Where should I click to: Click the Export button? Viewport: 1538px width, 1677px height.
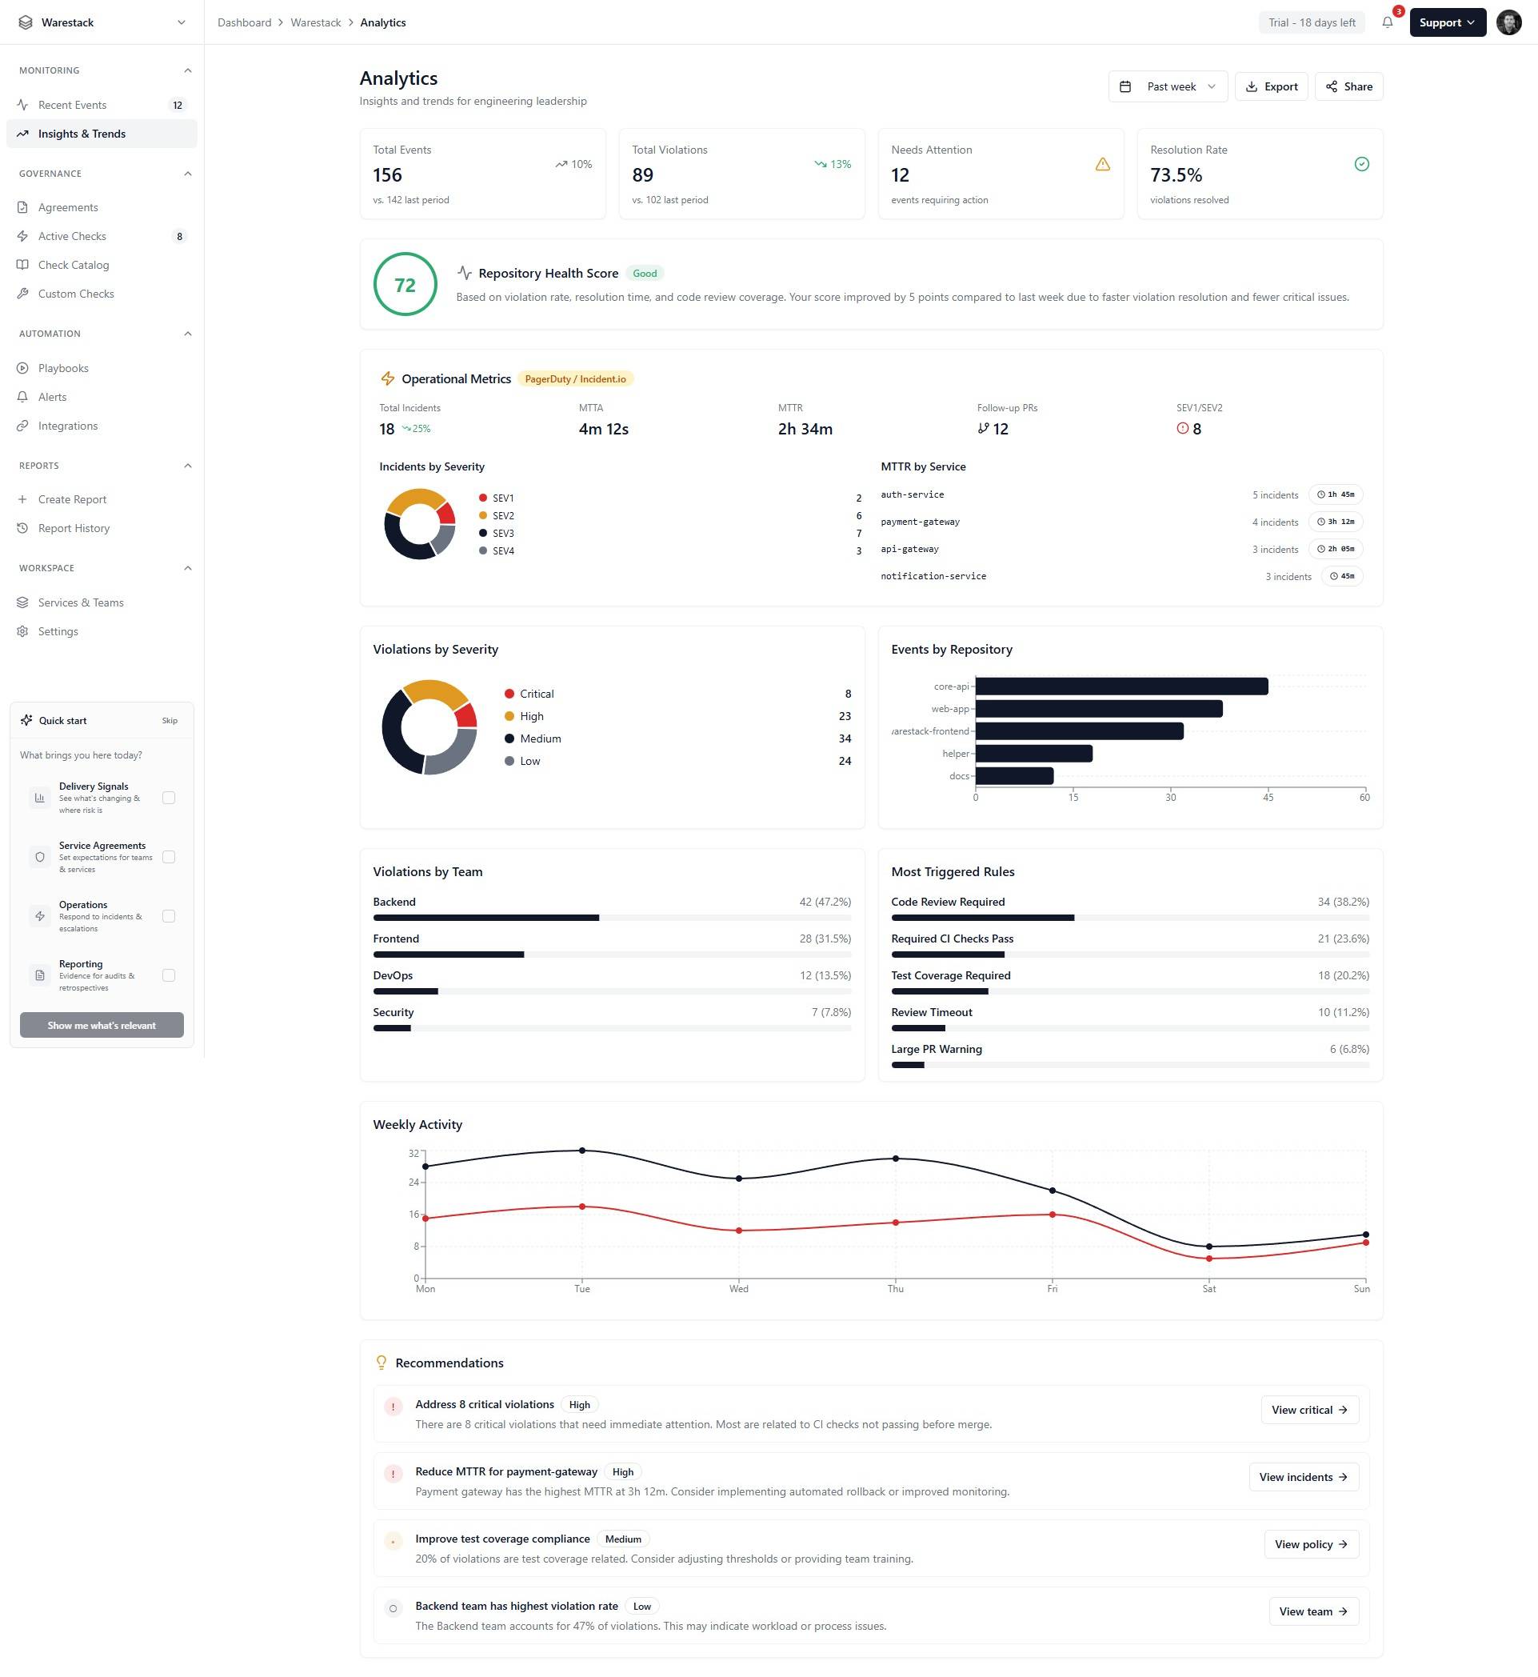point(1271,86)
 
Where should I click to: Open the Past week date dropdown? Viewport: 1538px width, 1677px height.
point(1168,86)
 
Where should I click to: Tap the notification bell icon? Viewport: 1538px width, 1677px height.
point(1387,22)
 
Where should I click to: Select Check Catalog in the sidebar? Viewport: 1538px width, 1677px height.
point(74,265)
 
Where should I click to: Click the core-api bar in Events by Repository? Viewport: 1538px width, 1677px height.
point(1121,686)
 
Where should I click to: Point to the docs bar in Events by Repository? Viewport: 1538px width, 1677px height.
point(1013,776)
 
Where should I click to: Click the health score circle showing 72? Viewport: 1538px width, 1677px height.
point(405,285)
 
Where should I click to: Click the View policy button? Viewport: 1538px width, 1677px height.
point(1311,1543)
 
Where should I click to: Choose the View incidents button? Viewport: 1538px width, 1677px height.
point(1304,1477)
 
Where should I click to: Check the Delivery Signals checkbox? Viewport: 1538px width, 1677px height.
point(169,798)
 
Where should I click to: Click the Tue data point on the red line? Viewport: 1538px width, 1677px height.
point(581,1207)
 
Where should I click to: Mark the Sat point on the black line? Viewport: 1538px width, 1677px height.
point(1208,1247)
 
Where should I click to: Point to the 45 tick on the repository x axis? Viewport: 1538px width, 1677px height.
point(1268,798)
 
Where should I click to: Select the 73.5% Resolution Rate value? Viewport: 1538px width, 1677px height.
point(1176,175)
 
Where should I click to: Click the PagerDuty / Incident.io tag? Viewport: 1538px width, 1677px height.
point(575,379)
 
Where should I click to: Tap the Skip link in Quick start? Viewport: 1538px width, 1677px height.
point(170,721)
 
